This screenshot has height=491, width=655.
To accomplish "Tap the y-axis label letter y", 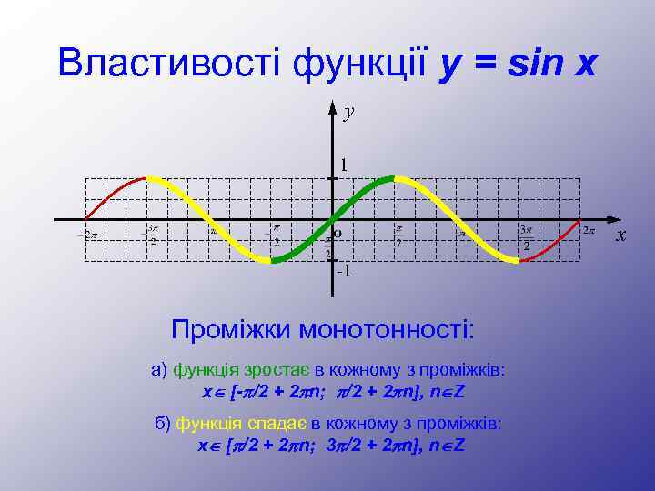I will coord(348,112).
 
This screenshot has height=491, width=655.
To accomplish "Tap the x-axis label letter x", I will coord(621,235).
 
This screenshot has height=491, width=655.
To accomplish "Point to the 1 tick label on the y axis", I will coord(344,165).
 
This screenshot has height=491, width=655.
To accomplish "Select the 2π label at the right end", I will coord(589,230).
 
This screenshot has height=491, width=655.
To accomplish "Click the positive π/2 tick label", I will coord(398,236).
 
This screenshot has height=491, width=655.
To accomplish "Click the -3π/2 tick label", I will coord(151,235).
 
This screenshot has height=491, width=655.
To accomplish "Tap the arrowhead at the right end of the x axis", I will coord(611,220).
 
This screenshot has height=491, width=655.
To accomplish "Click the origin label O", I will coord(338,233).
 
